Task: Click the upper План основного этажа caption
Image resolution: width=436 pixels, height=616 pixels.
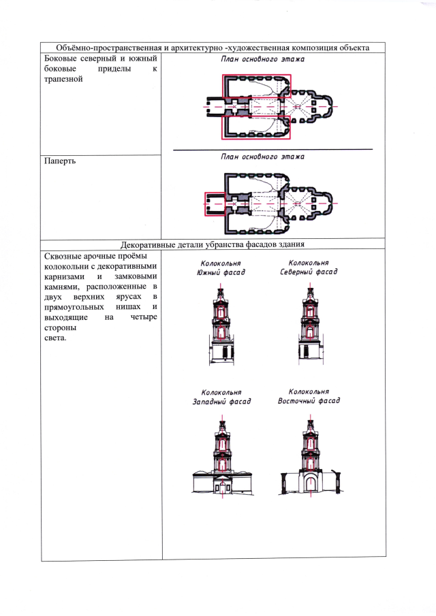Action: (x=262, y=59)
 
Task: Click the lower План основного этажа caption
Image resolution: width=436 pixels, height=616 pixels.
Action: (x=262, y=157)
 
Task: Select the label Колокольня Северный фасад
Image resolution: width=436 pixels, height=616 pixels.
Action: (x=309, y=267)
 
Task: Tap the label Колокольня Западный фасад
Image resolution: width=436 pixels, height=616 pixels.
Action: (x=221, y=397)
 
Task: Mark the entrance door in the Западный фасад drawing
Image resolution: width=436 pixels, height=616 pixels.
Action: (x=221, y=486)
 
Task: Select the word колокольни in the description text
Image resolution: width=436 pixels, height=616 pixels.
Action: (x=67, y=267)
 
